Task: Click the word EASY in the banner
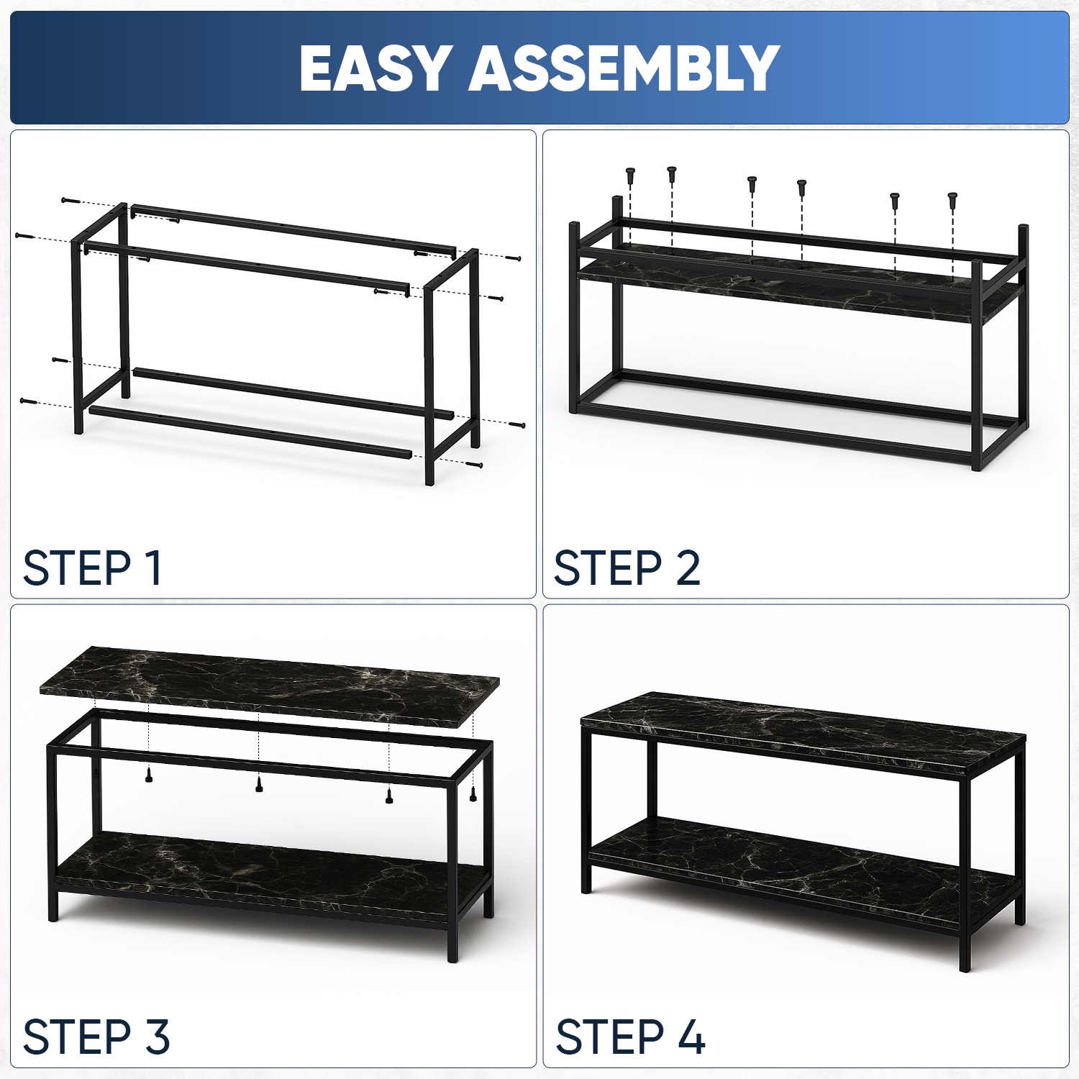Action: (x=376, y=68)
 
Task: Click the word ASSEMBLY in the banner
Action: (x=624, y=68)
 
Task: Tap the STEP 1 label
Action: (x=92, y=568)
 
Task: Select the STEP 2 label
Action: (x=627, y=568)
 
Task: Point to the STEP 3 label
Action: (x=96, y=1037)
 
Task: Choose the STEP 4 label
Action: (x=630, y=1037)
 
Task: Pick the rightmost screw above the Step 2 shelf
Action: (x=952, y=199)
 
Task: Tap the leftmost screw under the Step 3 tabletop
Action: (x=149, y=775)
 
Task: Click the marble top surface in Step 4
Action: (x=803, y=733)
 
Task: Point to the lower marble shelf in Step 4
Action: (x=802, y=870)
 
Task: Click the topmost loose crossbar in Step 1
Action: (x=293, y=230)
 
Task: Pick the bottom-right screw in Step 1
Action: (x=474, y=465)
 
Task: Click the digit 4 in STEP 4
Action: (x=691, y=1037)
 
